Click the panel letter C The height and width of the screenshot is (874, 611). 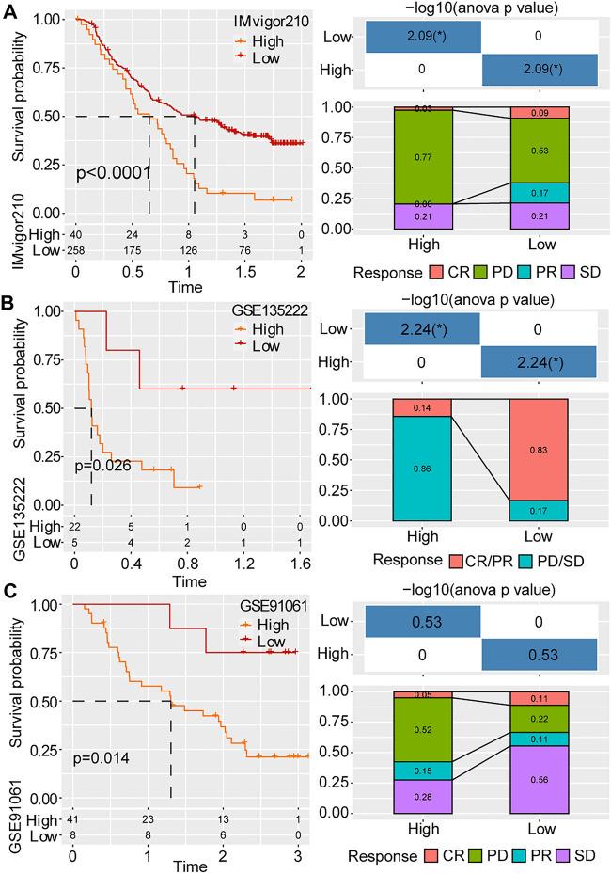(8, 594)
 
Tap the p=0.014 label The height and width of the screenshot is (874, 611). (103, 755)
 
